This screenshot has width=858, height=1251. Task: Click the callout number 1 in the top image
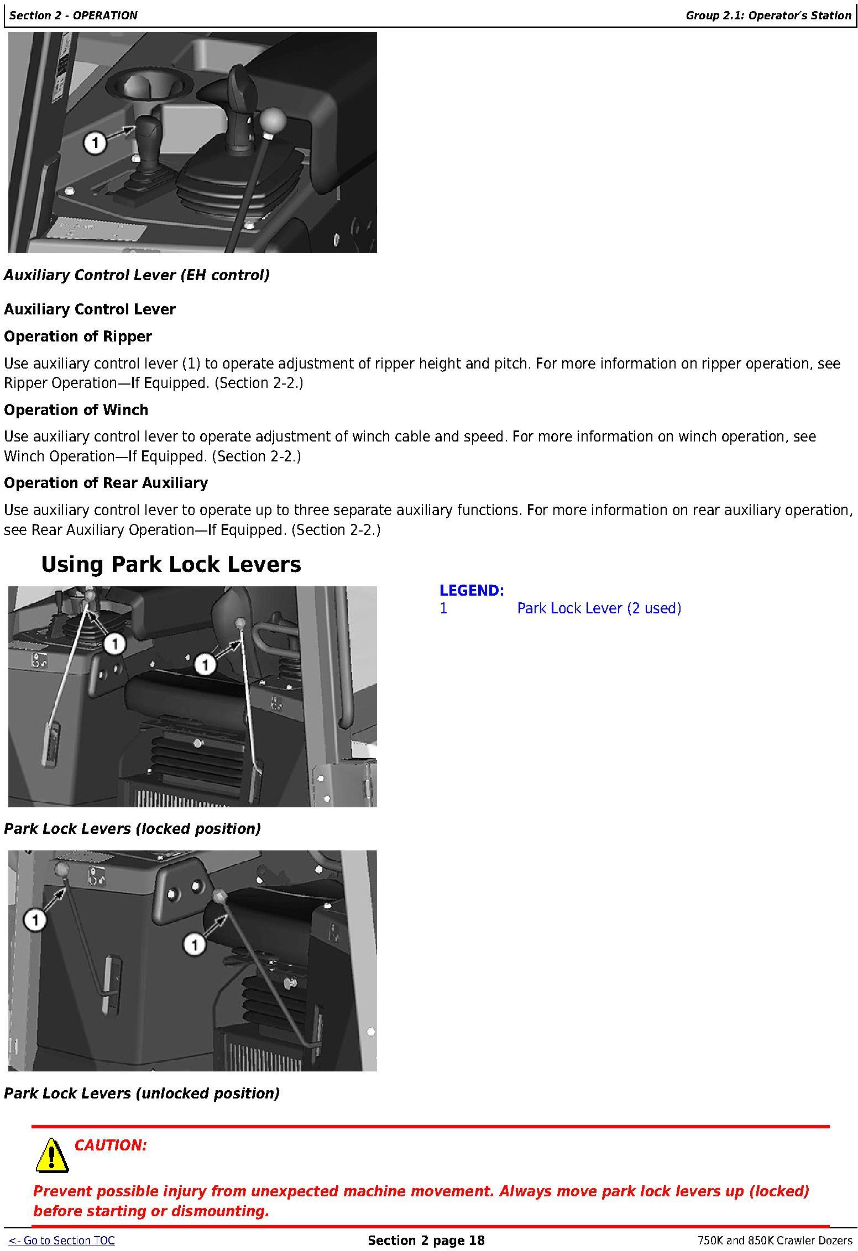(95, 143)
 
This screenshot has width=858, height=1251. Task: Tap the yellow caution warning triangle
(52, 1155)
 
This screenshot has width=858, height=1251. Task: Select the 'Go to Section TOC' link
(62, 1241)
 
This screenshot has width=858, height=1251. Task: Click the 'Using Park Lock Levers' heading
(171, 565)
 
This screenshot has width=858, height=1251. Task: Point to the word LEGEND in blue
(472, 591)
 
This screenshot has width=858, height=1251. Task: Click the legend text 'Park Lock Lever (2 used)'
(599, 608)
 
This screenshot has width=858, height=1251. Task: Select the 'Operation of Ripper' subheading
(78, 337)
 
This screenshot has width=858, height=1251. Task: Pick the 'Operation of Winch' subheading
(76, 410)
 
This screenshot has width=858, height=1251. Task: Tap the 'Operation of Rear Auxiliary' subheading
(106, 483)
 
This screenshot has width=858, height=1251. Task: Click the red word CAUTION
(111, 1145)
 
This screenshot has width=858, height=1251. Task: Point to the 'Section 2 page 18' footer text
(426, 1241)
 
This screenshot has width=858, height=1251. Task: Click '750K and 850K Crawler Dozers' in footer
(775, 1241)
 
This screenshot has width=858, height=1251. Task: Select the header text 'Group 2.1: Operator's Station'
(768, 15)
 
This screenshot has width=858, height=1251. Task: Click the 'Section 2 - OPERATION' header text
(74, 15)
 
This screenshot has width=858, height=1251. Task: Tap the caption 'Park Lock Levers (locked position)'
(132, 829)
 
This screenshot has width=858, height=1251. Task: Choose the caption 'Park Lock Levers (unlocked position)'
(142, 1094)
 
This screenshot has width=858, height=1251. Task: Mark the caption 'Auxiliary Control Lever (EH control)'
(137, 275)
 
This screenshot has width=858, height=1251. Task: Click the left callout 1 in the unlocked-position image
(35, 921)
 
